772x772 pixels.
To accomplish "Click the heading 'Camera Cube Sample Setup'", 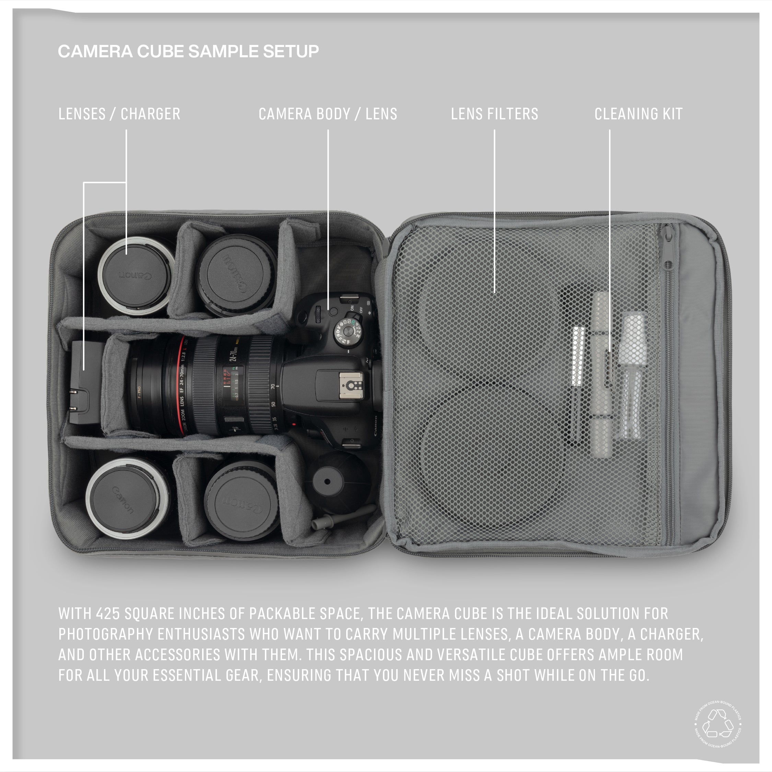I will coord(188,51).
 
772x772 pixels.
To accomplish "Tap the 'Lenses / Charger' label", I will coord(119,114).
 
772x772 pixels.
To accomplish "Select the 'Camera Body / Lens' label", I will coord(328,114).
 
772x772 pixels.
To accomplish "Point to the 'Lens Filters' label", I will coord(494,114).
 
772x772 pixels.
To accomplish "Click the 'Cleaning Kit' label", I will coord(638,114).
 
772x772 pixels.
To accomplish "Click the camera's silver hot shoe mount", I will coord(351,385).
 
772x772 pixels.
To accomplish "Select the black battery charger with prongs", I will coord(84,382).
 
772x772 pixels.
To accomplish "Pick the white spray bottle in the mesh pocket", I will coord(632,376).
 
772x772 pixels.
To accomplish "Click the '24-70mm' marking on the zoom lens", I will coord(234,354).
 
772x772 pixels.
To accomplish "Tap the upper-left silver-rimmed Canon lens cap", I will coord(136,276).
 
